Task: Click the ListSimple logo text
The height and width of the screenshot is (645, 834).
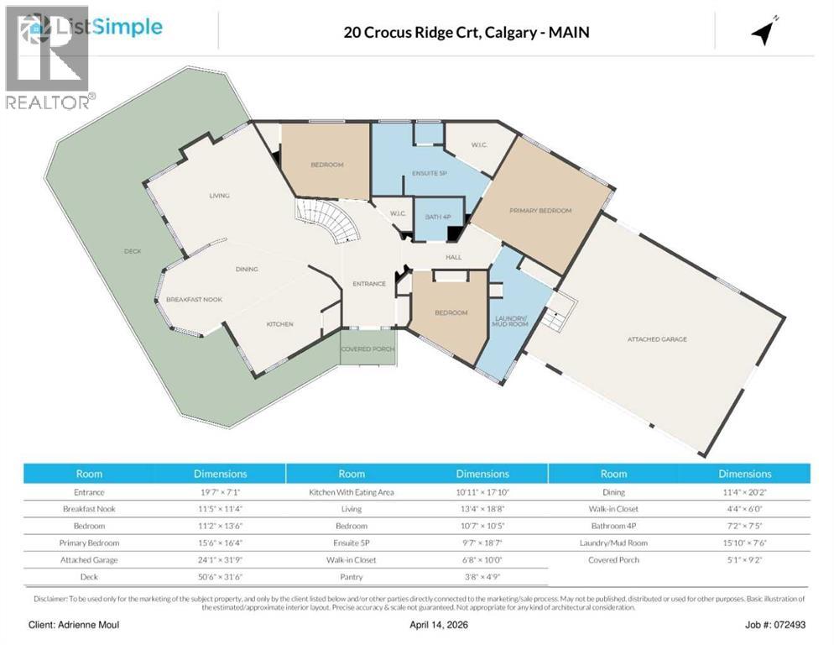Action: click(x=109, y=27)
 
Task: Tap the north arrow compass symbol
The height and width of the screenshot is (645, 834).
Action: click(x=764, y=31)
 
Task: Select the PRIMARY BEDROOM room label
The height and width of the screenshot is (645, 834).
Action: click(x=540, y=211)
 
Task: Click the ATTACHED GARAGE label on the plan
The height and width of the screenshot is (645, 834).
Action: click(x=657, y=339)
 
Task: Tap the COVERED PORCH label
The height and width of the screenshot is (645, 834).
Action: click(x=368, y=348)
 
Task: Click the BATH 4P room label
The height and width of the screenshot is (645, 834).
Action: click(x=435, y=218)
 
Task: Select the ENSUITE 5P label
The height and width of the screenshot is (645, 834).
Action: click(x=428, y=174)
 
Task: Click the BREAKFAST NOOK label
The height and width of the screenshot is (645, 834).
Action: click(x=194, y=299)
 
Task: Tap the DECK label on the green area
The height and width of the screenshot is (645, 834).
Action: click(x=132, y=251)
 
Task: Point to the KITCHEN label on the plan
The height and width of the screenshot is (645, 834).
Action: click(x=280, y=324)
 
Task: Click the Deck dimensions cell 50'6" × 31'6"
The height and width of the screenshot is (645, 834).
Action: click(x=221, y=577)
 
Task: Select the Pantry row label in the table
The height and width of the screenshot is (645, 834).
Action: click(x=352, y=577)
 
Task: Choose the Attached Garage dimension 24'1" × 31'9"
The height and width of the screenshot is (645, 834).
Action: click(x=221, y=559)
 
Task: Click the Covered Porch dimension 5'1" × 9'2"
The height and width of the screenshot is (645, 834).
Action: click(x=744, y=559)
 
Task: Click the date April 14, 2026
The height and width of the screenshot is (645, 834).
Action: click(x=417, y=626)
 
